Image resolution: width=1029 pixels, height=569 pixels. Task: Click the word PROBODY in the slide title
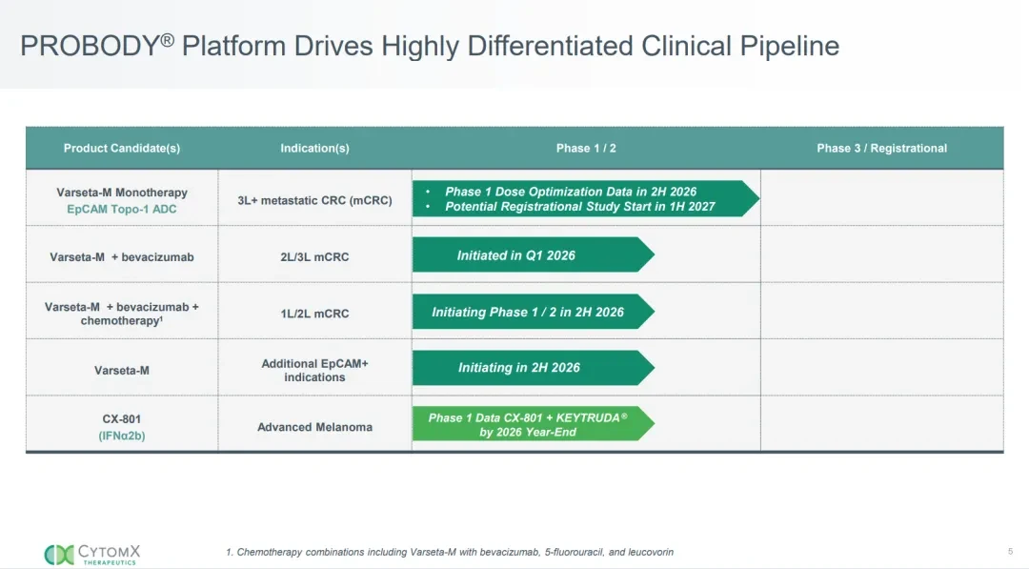[x=91, y=46]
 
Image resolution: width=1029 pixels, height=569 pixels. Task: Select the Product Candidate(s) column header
[x=121, y=149]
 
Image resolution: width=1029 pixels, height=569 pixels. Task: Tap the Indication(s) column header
[x=314, y=149]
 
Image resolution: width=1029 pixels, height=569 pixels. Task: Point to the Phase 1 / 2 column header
[x=586, y=149]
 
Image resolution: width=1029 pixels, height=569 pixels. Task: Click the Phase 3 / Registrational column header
[x=881, y=149]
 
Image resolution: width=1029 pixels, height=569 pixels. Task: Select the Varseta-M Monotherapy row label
[x=122, y=193]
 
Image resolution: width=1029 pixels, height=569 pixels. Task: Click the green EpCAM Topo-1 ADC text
[x=122, y=210]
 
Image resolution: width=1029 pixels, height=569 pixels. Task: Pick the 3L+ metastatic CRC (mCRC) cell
[x=315, y=200]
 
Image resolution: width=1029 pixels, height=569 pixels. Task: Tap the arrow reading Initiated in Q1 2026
[x=533, y=254]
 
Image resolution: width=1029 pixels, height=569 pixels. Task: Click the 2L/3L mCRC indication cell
[x=314, y=256]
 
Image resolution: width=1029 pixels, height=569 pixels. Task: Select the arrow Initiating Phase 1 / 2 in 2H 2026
[x=533, y=312]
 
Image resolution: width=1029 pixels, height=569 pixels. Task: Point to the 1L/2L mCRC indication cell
[x=314, y=314]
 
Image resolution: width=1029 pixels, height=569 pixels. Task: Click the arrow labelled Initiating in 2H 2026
[x=533, y=368]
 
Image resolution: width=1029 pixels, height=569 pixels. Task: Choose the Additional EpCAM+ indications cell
[x=315, y=370]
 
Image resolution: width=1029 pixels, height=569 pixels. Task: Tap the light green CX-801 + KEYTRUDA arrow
[x=533, y=424]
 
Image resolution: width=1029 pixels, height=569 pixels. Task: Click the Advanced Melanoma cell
[x=315, y=427]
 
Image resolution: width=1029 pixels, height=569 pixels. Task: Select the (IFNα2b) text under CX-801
[x=122, y=436]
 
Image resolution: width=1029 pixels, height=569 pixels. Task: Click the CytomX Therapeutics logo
[x=92, y=555]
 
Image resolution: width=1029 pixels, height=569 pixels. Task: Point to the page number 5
[x=1011, y=551]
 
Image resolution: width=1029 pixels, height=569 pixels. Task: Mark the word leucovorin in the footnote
[x=651, y=552]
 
